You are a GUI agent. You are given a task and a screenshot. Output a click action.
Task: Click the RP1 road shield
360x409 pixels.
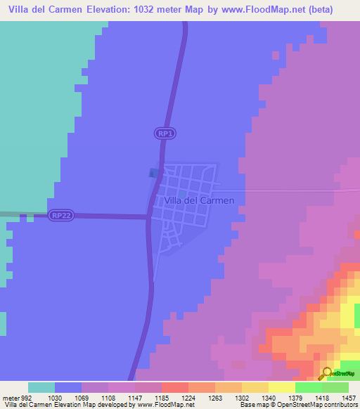click(x=164, y=133)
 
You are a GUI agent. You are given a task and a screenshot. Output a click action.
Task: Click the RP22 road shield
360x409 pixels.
click(x=60, y=216)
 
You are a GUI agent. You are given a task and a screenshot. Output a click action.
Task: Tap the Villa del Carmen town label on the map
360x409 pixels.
click(x=199, y=200)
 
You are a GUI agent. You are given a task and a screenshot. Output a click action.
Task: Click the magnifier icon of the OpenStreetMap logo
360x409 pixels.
click(x=325, y=373)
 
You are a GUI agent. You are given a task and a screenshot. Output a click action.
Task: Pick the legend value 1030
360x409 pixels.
click(x=55, y=398)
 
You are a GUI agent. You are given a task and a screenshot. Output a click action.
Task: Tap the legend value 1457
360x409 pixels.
click(x=349, y=398)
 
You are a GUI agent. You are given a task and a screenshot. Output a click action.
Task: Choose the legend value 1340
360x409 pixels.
click(x=269, y=398)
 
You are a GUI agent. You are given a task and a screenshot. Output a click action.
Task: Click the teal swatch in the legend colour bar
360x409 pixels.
click(x=41, y=387)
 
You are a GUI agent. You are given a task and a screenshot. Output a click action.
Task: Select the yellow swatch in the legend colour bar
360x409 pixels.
click(x=282, y=387)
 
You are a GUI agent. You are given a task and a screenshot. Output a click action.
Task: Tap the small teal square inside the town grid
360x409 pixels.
click(x=182, y=194)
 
